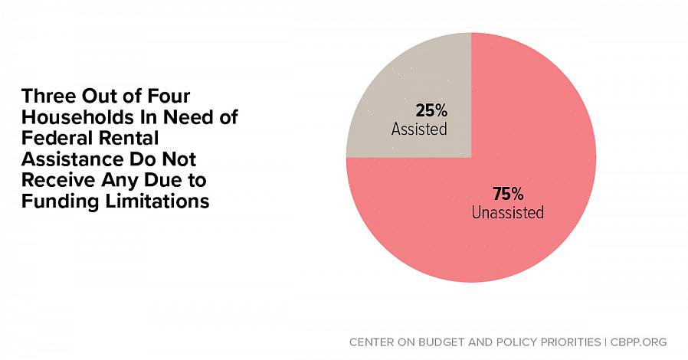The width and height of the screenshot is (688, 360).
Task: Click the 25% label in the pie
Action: (x=431, y=110)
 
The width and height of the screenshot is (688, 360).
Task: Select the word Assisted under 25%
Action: (x=418, y=129)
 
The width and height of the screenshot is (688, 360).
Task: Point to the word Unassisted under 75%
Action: (x=507, y=212)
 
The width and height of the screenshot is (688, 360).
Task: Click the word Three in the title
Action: (x=48, y=97)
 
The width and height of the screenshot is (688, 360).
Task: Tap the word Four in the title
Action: (x=163, y=97)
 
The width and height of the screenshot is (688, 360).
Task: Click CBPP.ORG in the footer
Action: (x=638, y=342)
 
